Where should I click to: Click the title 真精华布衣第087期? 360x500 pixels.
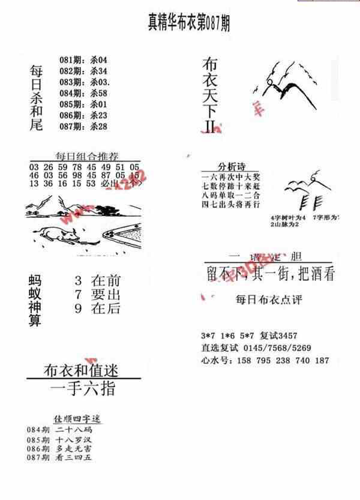188,23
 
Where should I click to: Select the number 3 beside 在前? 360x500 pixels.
78,280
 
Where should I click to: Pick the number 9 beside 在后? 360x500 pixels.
78,309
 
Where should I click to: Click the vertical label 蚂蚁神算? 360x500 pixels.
35,301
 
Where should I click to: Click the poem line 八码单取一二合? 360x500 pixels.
230,195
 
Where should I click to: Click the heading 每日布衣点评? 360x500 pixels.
268,298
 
